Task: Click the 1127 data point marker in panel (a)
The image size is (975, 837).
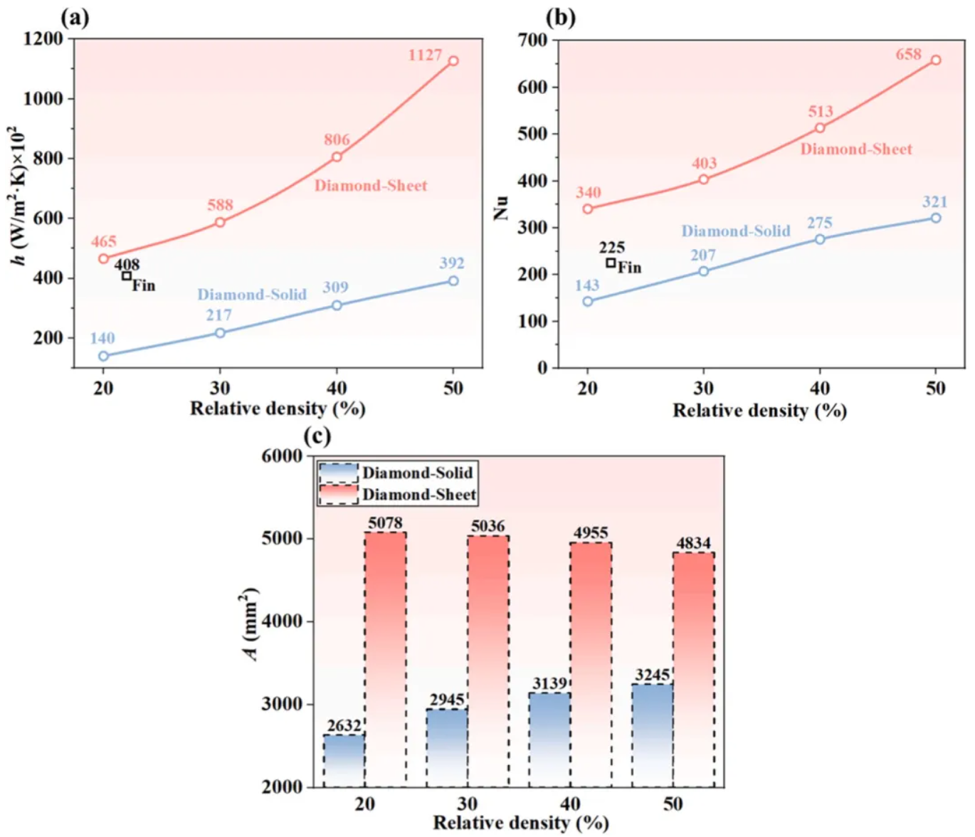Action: pos(453,61)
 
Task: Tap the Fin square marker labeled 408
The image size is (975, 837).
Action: pos(127,276)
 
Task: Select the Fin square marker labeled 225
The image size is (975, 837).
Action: pos(611,263)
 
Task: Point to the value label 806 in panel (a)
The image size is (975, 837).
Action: pos(337,139)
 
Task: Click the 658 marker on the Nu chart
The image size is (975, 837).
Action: pos(936,60)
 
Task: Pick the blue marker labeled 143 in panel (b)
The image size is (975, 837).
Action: pos(588,301)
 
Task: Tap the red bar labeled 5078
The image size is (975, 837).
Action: pos(386,658)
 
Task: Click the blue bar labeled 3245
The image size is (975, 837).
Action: pos(652,735)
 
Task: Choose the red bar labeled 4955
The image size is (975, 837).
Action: pos(591,663)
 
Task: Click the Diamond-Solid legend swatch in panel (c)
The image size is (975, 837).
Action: pos(338,473)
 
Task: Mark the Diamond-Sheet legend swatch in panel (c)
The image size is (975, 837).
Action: pos(338,495)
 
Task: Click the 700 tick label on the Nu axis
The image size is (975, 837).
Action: pos(533,41)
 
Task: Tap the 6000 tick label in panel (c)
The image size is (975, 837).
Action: pos(282,456)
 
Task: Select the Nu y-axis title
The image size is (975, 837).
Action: pos(502,206)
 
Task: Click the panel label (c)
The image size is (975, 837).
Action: pos(317,436)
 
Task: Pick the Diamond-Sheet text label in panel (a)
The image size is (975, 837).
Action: pos(371,186)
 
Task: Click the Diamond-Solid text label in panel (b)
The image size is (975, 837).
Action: pos(736,231)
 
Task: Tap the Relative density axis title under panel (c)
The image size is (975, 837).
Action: pos(521,823)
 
